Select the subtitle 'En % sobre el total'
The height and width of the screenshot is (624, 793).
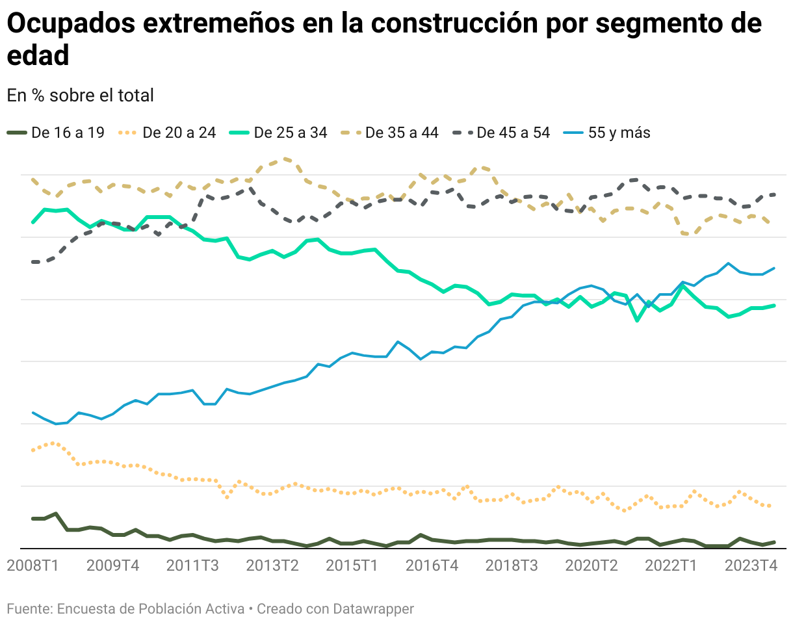pyautogui.click(x=80, y=95)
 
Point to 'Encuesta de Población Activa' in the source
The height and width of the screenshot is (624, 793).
pyautogui.click(x=151, y=609)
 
